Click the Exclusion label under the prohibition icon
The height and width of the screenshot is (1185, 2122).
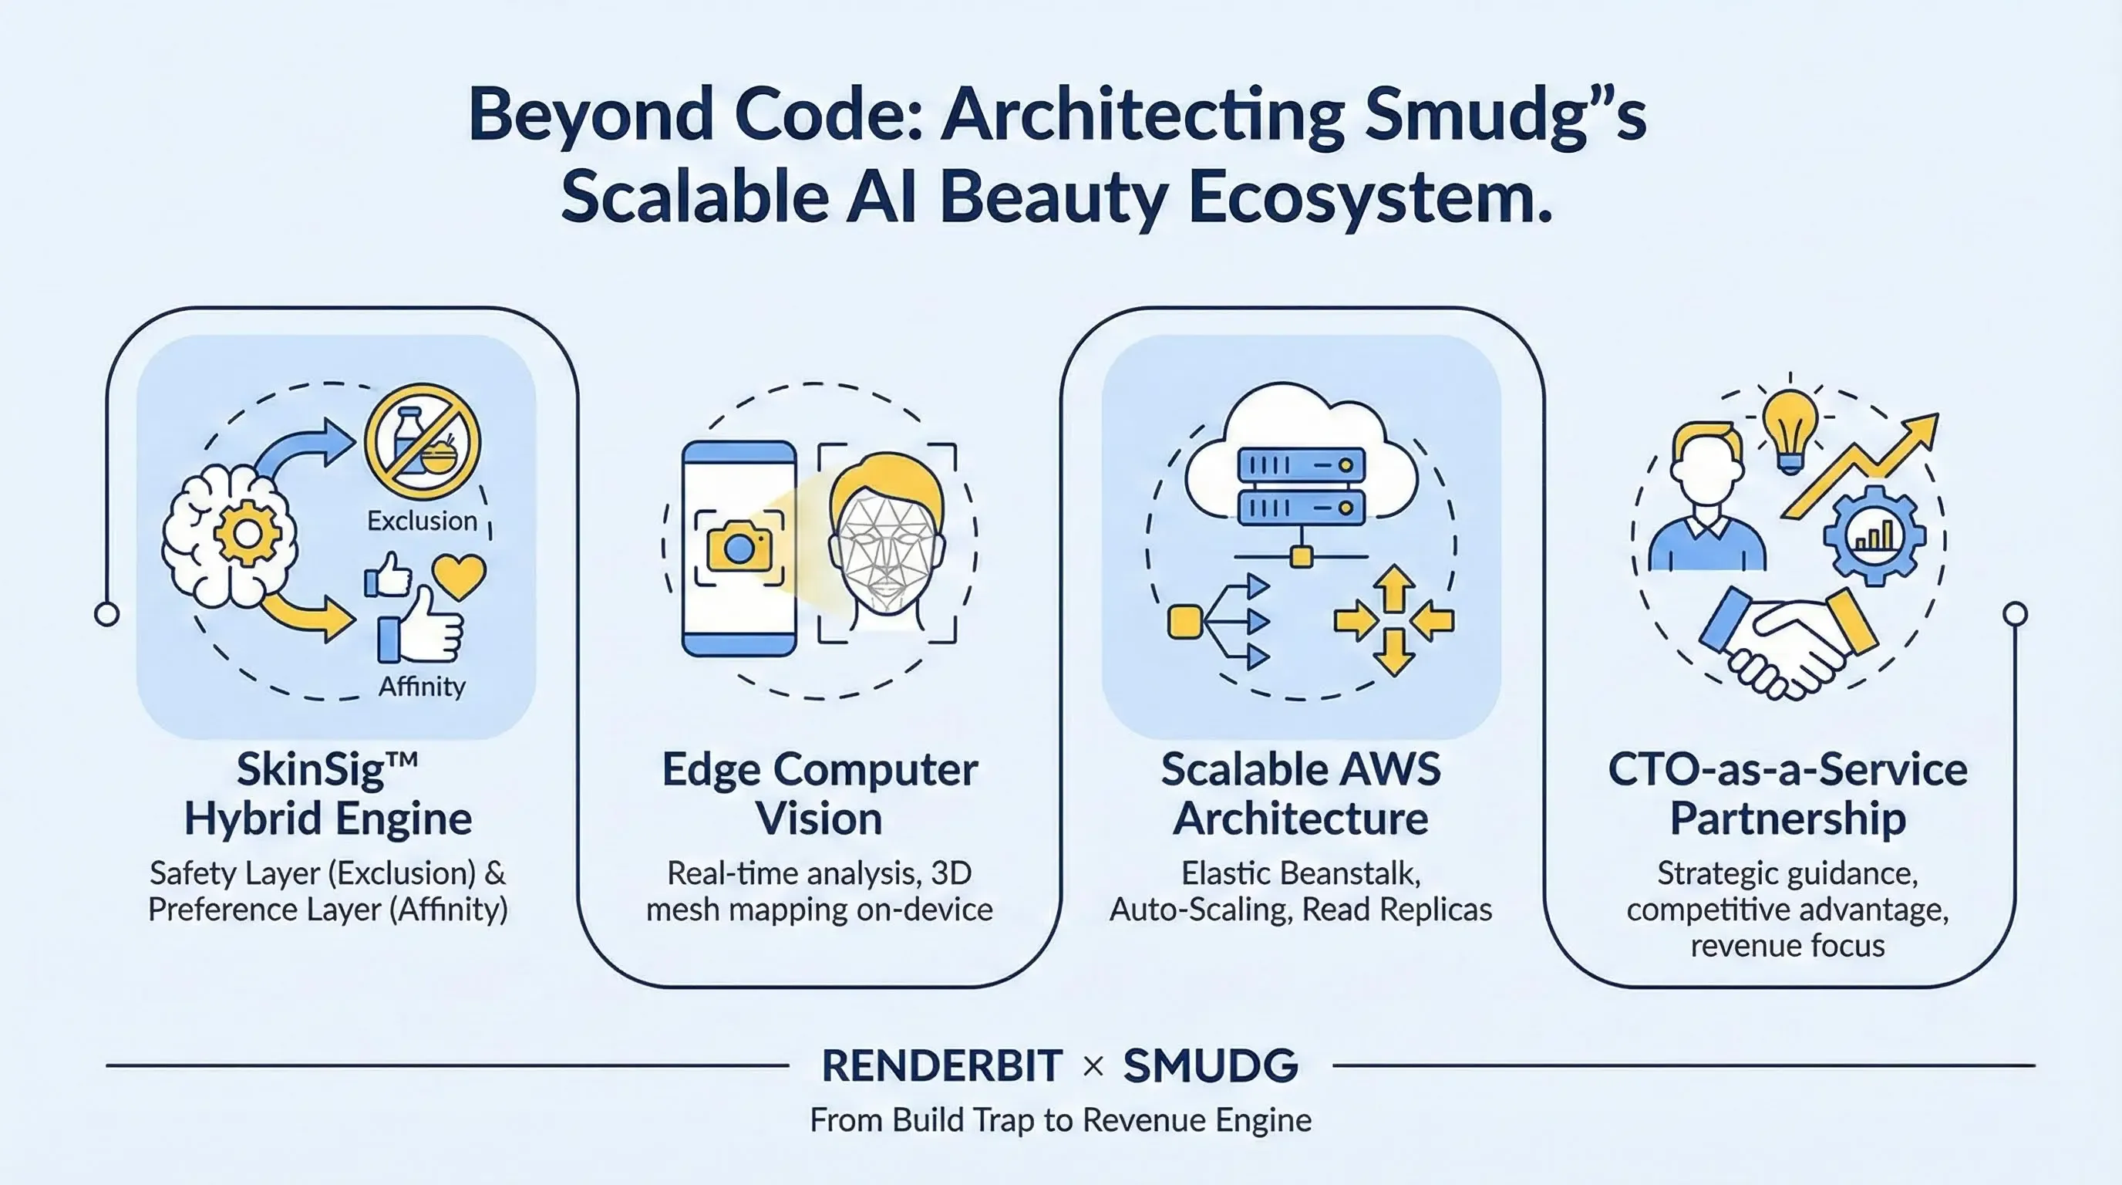pyautogui.click(x=422, y=521)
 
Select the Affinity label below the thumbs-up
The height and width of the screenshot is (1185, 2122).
pyautogui.click(x=422, y=686)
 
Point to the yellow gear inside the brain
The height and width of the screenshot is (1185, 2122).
pyautogui.click(x=246, y=533)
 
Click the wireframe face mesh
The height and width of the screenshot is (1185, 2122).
pyautogui.click(x=885, y=552)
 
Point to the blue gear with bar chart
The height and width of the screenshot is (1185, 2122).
pyautogui.click(x=1874, y=535)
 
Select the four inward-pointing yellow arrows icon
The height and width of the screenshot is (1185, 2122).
pyautogui.click(x=1394, y=620)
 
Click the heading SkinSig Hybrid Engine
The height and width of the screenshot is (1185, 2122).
pyautogui.click(x=328, y=794)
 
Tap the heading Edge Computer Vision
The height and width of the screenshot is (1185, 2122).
pyautogui.click(x=820, y=794)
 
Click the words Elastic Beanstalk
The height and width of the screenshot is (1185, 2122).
pyautogui.click(x=1301, y=873)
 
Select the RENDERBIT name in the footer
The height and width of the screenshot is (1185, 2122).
pyautogui.click(x=941, y=1066)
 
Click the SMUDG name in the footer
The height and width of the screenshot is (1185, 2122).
pyautogui.click(x=1211, y=1066)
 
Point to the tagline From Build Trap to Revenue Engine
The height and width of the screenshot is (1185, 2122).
pyautogui.click(x=1060, y=1121)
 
